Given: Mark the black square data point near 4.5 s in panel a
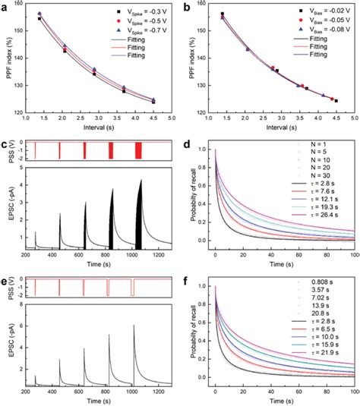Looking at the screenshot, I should click(x=153, y=102).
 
